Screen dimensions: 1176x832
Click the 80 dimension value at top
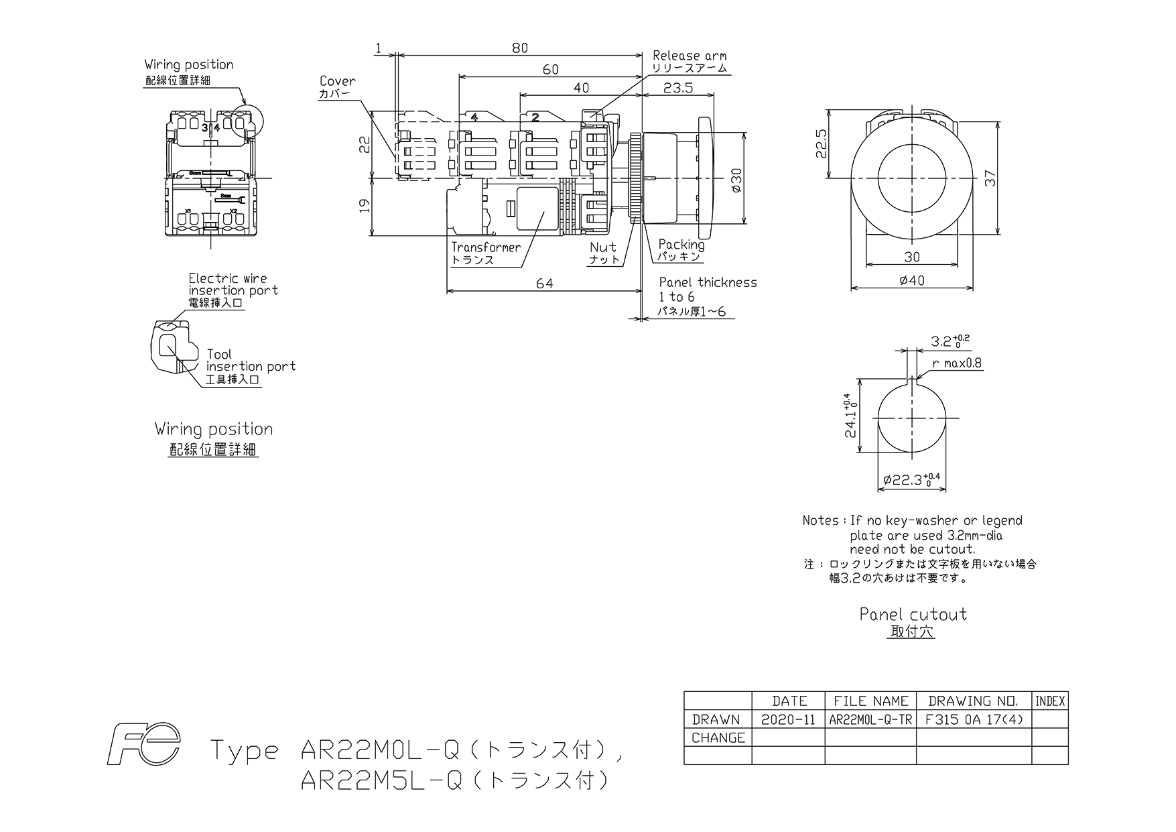520,48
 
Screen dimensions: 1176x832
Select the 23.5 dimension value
677,88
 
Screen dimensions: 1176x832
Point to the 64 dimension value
545,284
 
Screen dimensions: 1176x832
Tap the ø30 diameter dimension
736,180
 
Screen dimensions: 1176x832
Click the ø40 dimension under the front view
911,280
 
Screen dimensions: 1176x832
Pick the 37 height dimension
991,178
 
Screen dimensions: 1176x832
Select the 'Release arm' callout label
690,56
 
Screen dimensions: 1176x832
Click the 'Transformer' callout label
486,247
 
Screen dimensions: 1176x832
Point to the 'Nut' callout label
603,247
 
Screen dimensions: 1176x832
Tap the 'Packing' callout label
681,245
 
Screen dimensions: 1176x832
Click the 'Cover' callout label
338,81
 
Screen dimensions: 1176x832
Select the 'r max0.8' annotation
957,363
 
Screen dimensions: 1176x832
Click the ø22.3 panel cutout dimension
912,479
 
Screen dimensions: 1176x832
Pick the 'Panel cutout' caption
913,614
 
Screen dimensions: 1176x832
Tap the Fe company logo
144,744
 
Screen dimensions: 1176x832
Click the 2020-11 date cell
789,719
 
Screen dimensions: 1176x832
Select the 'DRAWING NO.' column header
973,701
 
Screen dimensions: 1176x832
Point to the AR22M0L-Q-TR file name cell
870,719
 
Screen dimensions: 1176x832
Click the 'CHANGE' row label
718,737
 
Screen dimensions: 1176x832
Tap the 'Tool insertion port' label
251,360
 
